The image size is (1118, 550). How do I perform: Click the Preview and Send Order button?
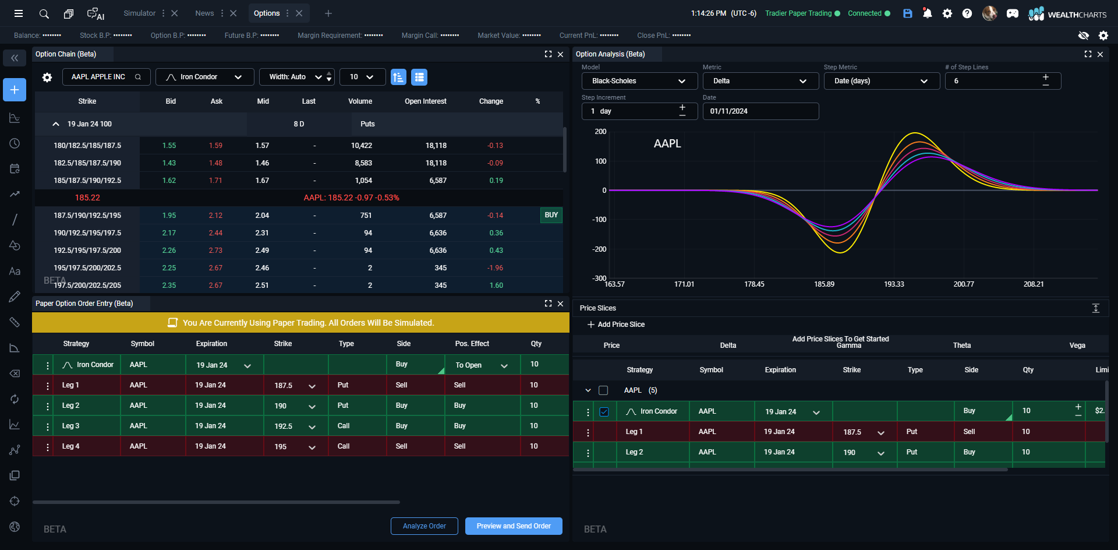514,526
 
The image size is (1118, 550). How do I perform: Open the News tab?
204,13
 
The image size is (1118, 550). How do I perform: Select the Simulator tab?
140,13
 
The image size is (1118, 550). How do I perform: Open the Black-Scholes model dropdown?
639,81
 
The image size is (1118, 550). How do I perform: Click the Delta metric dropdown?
760,81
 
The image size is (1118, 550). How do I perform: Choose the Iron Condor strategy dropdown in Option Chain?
204,77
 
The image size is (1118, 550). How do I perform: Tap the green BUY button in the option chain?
551,216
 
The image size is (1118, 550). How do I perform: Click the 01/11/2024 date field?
760,111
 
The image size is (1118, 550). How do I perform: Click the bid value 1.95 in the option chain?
169,216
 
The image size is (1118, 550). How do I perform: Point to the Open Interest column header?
425,101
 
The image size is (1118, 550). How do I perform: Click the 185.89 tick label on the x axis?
824,284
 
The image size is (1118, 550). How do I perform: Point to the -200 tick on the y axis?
599,249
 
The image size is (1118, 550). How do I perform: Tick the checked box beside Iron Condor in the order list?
604,412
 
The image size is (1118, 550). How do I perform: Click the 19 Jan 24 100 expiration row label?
89,124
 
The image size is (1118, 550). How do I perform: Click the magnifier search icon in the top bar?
44,13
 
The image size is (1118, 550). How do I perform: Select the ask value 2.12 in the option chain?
215,216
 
